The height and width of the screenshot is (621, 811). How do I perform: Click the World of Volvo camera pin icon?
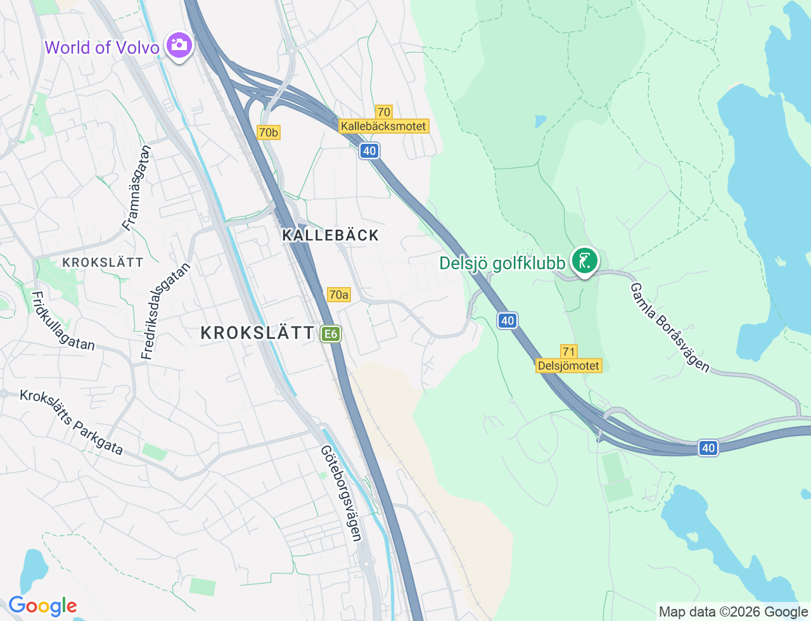(x=179, y=45)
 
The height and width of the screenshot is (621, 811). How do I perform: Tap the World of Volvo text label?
(x=102, y=48)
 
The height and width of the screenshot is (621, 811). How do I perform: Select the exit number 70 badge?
(x=383, y=112)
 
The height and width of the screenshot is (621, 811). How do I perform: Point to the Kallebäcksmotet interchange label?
(x=383, y=126)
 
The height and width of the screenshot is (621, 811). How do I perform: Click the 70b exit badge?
(x=268, y=132)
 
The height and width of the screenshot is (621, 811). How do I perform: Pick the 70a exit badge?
(x=338, y=295)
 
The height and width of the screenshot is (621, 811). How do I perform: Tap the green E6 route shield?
(x=330, y=334)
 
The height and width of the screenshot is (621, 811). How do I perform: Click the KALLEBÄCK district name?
(x=330, y=235)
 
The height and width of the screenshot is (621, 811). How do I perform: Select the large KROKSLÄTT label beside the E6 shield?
(x=257, y=333)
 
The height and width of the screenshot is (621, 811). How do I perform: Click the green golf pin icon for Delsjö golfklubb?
(x=584, y=260)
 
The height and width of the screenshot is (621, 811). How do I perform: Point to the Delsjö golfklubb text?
(x=502, y=263)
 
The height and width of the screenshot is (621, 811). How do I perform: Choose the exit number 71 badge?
(x=568, y=352)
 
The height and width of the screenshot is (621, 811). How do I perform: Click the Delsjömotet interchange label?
(x=568, y=366)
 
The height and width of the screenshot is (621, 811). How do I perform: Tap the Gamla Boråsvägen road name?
(x=670, y=328)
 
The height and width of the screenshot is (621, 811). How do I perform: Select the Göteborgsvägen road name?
(x=342, y=493)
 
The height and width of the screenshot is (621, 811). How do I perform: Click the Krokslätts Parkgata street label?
(x=71, y=422)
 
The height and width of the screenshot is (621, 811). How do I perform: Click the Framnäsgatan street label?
(x=137, y=188)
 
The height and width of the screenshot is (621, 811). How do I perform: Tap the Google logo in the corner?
(x=42, y=606)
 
